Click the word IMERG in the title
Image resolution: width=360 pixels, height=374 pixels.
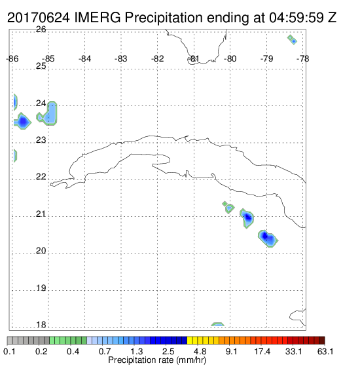98,18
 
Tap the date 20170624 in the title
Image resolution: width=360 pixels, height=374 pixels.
39,18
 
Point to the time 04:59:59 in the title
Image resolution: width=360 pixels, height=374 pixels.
297,18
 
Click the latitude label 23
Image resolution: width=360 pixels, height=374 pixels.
41,140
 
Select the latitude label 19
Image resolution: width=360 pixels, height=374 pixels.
41,288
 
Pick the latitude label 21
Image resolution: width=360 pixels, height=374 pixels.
41,214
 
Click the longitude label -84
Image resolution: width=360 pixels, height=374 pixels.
85,59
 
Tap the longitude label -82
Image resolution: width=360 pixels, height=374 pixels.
158,59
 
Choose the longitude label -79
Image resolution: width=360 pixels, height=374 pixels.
266,59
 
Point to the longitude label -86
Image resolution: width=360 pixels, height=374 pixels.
12,59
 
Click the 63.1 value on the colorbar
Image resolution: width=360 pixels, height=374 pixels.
325,351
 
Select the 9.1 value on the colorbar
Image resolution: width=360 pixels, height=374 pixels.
231,351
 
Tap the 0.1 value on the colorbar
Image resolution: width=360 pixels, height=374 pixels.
9,351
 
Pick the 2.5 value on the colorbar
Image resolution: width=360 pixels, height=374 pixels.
168,351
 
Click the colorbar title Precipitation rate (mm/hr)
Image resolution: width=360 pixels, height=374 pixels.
157,360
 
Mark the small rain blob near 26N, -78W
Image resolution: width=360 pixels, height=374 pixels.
293,39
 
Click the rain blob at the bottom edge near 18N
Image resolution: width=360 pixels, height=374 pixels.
218,324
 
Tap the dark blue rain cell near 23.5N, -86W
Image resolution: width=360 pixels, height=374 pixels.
22,121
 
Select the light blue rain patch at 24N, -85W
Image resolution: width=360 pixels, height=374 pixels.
48,115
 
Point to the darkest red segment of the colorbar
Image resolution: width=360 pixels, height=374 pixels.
322,341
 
